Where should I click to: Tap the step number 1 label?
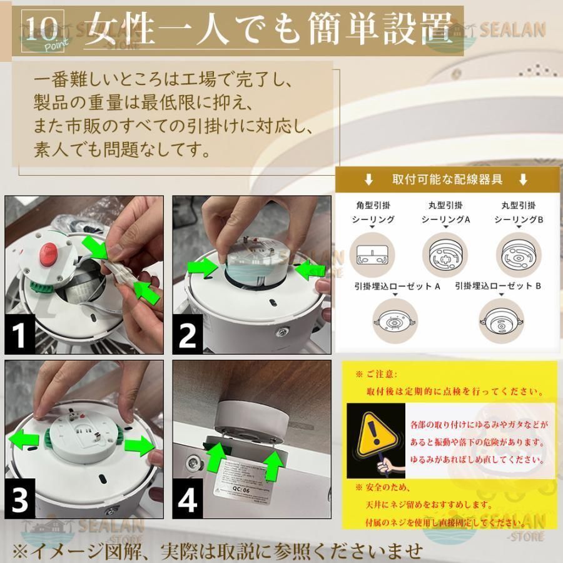pyautogui.click(x=20, y=335)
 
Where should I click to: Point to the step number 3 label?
pyautogui.click(x=21, y=500)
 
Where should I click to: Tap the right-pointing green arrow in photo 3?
pyautogui.click(x=139, y=445)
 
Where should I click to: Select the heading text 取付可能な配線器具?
pyautogui.click(x=447, y=180)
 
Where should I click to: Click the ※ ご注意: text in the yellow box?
pyautogui.click(x=380, y=374)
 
